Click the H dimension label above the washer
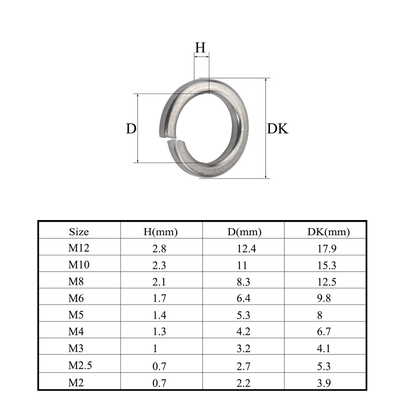click(201, 48)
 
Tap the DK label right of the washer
click(278, 129)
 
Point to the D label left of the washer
click(131, 128)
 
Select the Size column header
click(79, 232)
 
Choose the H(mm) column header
click(160, 232)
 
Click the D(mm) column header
click(244, 232)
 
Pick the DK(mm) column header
click(328, 232)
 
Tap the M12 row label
click(79, 249)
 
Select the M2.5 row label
click(80, 366)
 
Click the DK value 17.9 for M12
click(327, 249)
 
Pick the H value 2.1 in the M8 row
click(160, 282)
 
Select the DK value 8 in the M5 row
click(320, 316)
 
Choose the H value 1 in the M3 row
click(155, 349)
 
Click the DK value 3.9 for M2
click(324, 383)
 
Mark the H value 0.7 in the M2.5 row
click(160, 366)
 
